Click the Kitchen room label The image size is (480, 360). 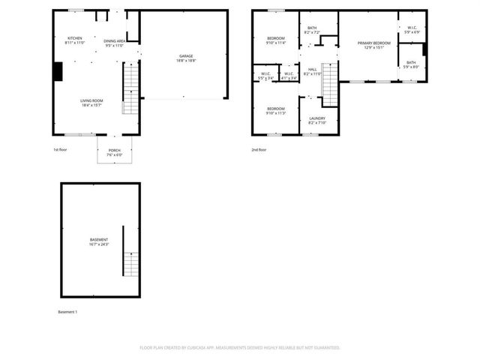(74, 38)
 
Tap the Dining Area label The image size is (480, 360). (115, 41)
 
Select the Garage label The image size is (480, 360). (184, 57)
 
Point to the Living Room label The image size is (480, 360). (91, 100)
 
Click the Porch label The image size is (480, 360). (114, 150)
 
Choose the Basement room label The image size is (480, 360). (98, 240)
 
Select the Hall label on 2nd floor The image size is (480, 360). (311, 69)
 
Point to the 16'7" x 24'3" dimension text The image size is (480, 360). (98, 244)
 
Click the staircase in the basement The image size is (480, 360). (131, 264)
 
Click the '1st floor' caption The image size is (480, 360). (61, 150)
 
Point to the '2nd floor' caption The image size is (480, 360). (259, 150)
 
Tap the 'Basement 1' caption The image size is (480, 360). (67, 311)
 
